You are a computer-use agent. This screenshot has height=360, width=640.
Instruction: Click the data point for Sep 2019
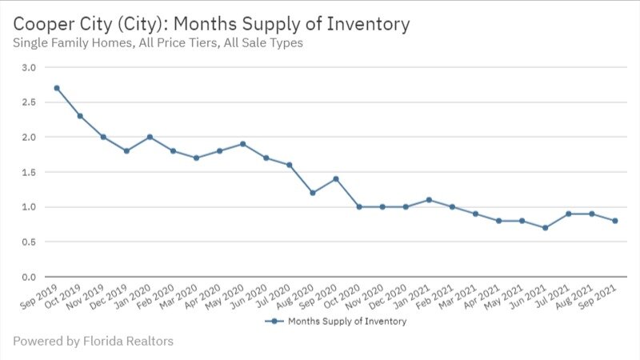[57, 88]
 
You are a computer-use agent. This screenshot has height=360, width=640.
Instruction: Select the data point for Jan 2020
[150, 137]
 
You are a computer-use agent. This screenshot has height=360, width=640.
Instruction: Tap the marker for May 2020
[242, 144]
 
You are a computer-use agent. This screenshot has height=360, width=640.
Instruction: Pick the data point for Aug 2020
[313, 193]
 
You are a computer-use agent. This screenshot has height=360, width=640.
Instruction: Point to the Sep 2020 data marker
[336, 178]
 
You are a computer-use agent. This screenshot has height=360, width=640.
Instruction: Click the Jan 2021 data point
[429, 199]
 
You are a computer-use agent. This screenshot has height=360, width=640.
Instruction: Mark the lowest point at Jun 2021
[545, 227]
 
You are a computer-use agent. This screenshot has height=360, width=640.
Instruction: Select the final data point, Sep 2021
[615, 221]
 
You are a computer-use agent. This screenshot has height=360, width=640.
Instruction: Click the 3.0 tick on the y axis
[28, 67]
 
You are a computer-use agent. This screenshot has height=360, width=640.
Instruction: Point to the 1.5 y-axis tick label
[28, 172]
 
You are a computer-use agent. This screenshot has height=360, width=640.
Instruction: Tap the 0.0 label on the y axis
[28, 277]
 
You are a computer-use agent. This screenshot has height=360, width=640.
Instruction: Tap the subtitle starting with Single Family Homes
[158, 43]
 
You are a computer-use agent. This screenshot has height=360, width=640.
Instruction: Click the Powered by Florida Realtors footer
[93, 342]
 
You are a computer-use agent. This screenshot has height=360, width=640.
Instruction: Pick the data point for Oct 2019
[80, 116]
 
